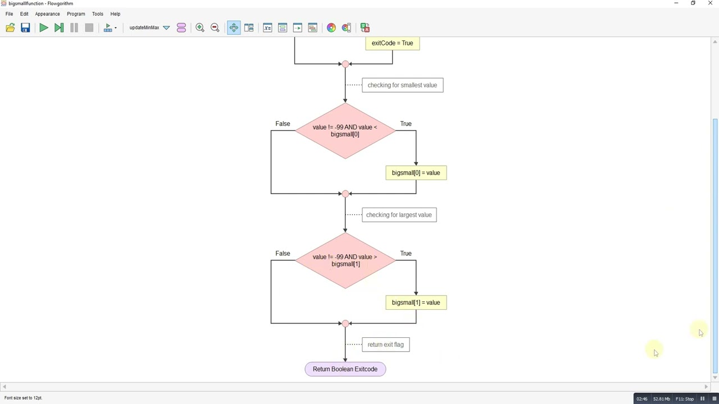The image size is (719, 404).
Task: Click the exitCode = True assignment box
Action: [x=392, y=43]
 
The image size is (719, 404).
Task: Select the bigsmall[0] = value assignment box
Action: [x=416, y=173]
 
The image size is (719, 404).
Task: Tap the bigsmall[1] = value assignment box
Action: [x=416, y=302]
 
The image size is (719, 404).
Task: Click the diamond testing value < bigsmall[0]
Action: [x=345, y=131]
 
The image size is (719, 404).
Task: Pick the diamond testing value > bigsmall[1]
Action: [x=345, y=260]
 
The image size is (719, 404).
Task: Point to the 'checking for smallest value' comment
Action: [x=403, y=85]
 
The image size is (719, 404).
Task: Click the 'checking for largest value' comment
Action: [x=399, y=215]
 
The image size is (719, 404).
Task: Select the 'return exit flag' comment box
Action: [x=385, y=345]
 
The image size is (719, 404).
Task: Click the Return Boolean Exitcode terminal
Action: [x=345, y=369]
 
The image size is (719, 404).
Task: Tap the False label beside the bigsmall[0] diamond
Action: [x=283, y=124]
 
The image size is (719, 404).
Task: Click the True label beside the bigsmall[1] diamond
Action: [x=406, y=253]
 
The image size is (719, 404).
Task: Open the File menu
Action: [x=9, y=14]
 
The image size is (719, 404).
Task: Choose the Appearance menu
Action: [x=47, y=14]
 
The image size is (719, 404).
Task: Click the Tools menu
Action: [x=98, y=14]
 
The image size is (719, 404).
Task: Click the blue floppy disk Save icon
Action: [x=25, y=27]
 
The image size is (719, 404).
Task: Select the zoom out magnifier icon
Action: [x=215, y=27]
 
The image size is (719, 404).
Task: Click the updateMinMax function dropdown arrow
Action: [x=166, y=27]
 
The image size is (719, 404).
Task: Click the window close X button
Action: [x=710, y=3]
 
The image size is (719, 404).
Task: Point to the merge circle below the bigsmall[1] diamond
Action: [x=345, y=324]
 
